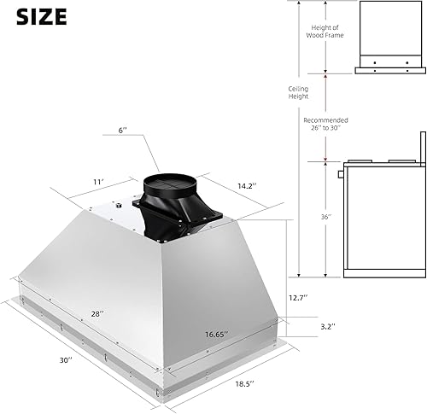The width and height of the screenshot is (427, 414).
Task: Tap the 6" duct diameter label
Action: click(x=124, y=131)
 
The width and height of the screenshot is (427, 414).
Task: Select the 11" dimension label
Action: click(x=99, y=182)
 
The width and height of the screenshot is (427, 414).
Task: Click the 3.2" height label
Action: click(x=316, y=326)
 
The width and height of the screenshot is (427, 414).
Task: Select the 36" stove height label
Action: click(x=325, y=217)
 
